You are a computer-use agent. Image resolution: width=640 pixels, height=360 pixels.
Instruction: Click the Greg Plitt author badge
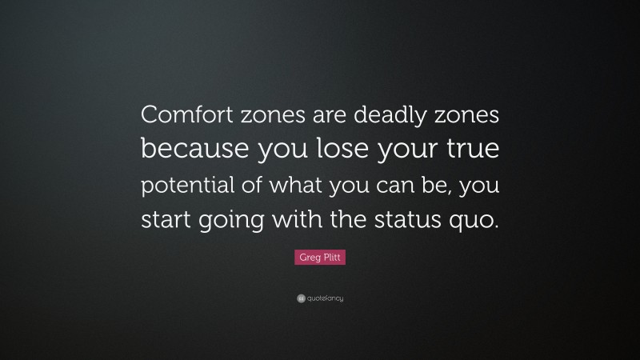point(320,257)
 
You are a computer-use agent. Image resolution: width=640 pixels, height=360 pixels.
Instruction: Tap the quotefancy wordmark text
point(326,298)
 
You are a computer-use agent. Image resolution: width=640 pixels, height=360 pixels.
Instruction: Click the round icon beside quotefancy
point(301,298)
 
